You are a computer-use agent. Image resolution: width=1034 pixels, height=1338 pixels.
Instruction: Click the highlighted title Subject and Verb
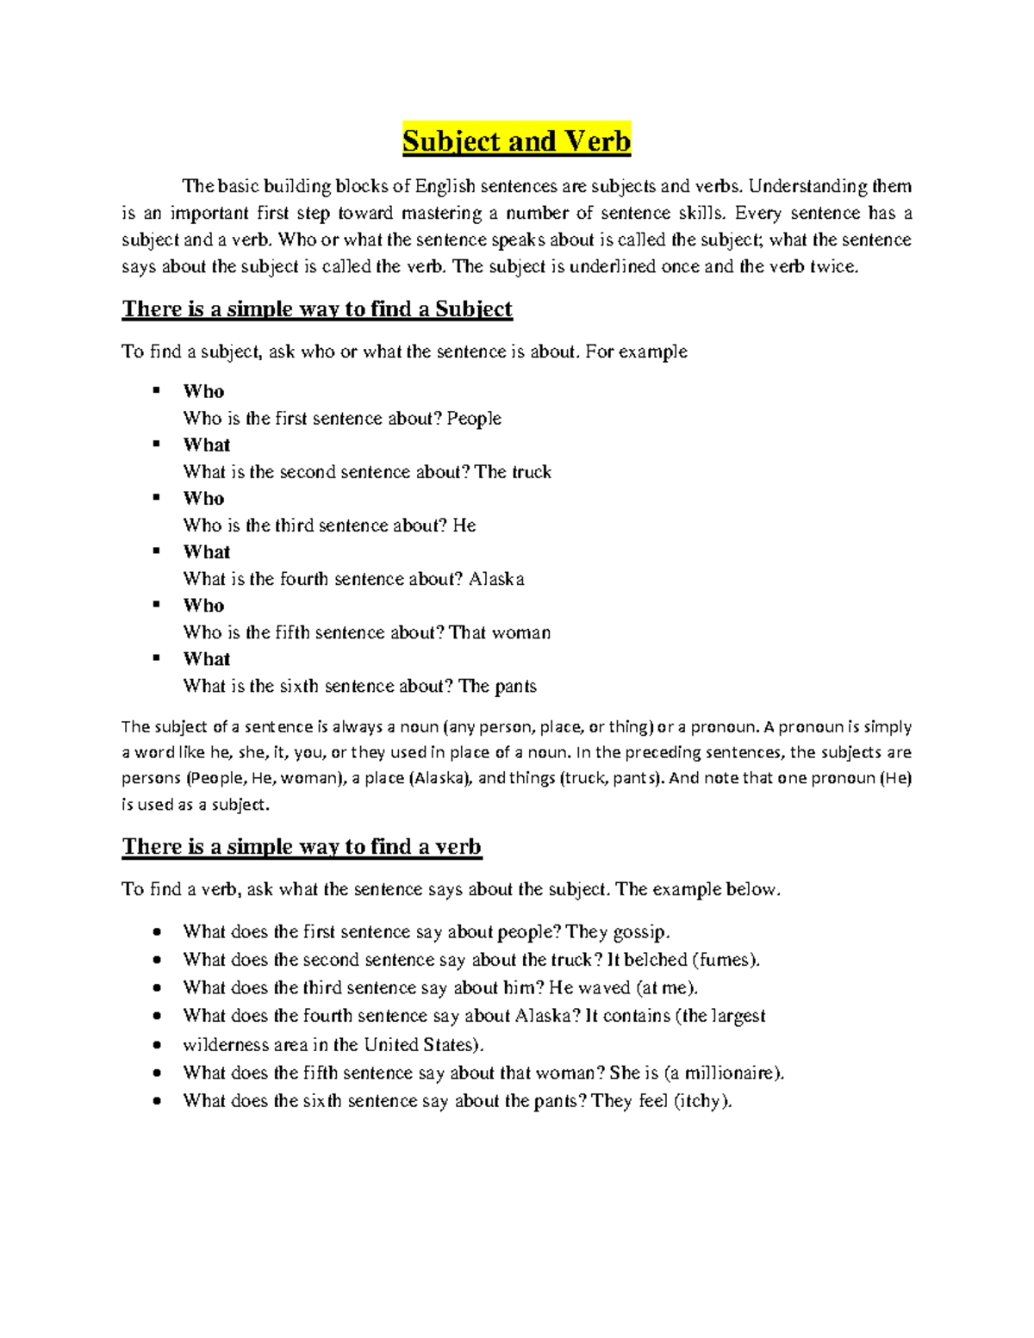516,140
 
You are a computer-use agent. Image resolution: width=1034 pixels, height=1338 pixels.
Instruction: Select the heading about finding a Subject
317,309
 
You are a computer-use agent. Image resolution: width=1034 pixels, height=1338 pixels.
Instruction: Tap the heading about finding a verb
302,847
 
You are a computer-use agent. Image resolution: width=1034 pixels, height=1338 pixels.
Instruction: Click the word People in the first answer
474,419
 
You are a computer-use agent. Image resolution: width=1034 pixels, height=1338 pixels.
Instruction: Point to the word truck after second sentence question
532,472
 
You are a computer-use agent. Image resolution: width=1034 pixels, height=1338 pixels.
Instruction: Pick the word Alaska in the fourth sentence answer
496,579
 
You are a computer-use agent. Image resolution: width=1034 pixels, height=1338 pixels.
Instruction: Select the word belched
656,960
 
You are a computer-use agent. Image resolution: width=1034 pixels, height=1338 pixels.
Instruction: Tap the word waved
605,988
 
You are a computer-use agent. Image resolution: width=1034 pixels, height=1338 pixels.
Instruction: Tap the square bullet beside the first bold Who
157,391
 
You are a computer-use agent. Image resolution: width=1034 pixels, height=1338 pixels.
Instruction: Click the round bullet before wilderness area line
157,1045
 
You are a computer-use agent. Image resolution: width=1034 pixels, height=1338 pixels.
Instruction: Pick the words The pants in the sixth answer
497,687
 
